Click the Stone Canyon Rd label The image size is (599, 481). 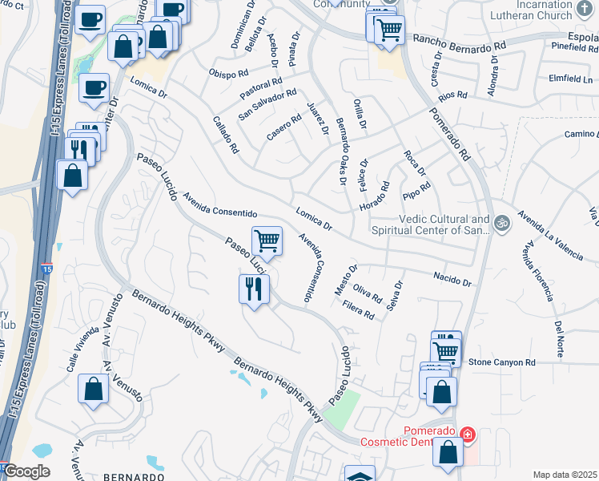pyautogui.click(x=501, y=363)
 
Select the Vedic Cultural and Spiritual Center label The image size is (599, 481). pyautogui.click(x=444, y=224)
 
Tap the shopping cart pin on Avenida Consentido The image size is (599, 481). pyautogui.click(x=267, y=240)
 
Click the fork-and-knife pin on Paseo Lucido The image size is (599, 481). pyautogui.click(x=254, y=289)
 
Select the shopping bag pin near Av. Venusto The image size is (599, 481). pyautogui.click(x=94, y=389)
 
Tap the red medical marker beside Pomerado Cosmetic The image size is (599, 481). pyautogui.click(x=468, y=435)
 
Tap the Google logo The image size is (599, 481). pyautogui.click(x=26, y=471)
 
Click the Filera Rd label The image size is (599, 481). pyautogui.click(x=358, y=310)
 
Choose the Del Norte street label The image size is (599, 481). pyautogui.click(x=559, y=338)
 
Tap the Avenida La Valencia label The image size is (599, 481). pyautogui.click(x=550, y=235)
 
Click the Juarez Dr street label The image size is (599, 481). pyautogui.click(x=320, y=119)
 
